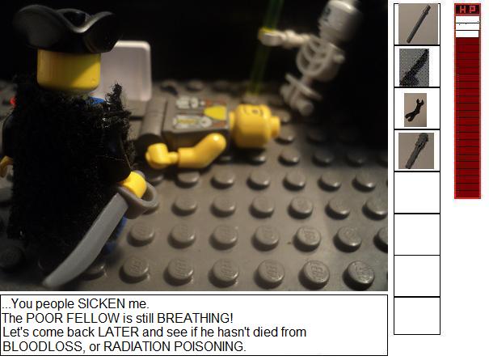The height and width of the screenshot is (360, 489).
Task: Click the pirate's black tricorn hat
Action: (x=67, y=29)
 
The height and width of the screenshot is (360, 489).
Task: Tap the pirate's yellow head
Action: (x=69, y=70)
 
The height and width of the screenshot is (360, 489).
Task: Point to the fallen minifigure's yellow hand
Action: (x=158, y=156)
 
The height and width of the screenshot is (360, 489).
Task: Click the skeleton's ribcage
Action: (x=319, y=60)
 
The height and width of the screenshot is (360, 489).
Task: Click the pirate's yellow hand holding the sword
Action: (x=133, y=184)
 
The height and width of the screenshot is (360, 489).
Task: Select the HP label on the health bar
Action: (x=467, y=10)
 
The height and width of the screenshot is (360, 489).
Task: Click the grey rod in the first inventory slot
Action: (x=419, y=24)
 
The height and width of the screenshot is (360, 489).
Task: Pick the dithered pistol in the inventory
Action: (x=414, y=67)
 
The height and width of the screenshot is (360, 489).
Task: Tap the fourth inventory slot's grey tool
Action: (x=417, y=150)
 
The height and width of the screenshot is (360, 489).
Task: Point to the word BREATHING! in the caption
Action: (x=195, y=318)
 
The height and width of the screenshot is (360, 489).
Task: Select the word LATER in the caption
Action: (x=119, y=332)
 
